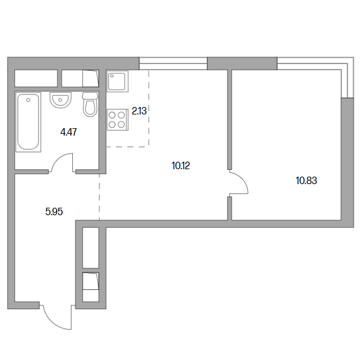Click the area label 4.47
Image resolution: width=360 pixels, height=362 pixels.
69,132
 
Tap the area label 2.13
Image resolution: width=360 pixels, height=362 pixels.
139,111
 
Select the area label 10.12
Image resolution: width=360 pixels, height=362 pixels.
181,166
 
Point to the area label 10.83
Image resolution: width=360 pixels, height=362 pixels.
306,180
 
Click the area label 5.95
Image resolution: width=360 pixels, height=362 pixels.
54,211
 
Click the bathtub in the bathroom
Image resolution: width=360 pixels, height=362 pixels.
28,122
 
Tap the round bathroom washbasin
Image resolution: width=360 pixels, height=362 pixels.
60,100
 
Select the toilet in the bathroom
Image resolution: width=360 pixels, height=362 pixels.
90,104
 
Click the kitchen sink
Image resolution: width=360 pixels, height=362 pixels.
118,81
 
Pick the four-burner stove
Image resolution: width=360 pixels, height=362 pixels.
118,119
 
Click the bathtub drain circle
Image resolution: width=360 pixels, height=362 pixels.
28,100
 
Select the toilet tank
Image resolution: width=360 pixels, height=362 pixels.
90,96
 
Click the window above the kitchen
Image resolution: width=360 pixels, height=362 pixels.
173,63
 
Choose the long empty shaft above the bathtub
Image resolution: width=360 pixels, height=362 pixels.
36,78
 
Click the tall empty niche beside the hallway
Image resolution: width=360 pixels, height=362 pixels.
91,248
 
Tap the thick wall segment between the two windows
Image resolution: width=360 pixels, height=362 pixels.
242,63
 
